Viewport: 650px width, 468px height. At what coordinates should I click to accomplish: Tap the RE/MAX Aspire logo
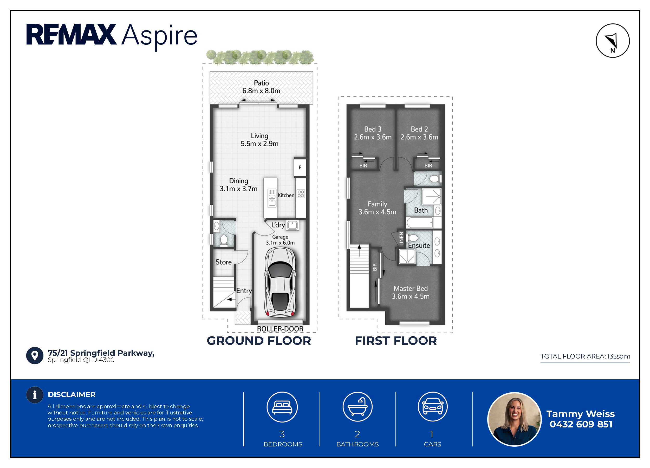pyautogui.click(x=112, y=36)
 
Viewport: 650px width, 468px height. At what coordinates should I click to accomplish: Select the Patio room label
pyautogui.click(x=261, y=83)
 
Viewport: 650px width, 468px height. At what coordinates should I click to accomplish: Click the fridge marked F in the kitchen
pyautogui.click(x=300, y=167)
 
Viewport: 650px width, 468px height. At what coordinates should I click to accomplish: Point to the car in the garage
pyautogui.click(x=280, y=282)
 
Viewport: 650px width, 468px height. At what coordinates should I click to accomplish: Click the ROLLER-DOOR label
pyautogui.click(x=280, y=329)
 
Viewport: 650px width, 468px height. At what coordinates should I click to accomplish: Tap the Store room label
pyautogui.click(x=224, y=262)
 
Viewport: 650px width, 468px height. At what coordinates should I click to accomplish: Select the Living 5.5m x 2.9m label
pyautogui.click(x=260, y=140)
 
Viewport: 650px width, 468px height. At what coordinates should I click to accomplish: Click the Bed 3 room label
pyautogui.click(x=373, y=129)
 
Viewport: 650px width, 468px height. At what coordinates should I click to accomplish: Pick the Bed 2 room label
pyautogui.click(x=419, y=129)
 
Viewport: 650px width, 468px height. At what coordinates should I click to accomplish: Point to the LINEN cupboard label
pyautogui.click(x=401, y=238)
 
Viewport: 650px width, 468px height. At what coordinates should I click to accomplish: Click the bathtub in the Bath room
pyautogui.click(x=420, y=223)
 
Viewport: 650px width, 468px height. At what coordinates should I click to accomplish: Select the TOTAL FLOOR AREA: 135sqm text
pyautogui.click(x=585, y=356)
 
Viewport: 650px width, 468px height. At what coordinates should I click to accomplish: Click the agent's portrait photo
pyautogui.click(x=515, y=419)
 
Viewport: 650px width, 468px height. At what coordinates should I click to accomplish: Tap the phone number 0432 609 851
pyautogui.click(x=581, y=424)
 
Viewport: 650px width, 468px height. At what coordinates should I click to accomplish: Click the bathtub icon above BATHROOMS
pyautogui.click(x=357, y=407)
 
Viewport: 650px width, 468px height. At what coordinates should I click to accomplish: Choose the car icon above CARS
pyautogui.click(x=432, y=407)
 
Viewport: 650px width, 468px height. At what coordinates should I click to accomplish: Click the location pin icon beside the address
pyautogui.click(x=35, y=356)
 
